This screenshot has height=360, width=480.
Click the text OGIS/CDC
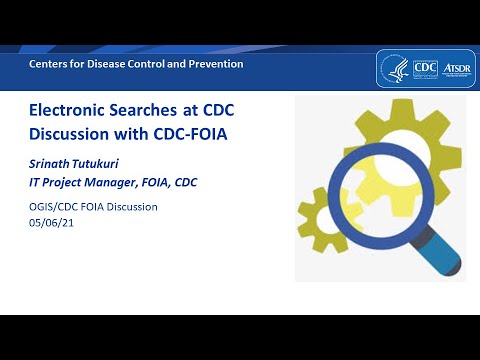54,207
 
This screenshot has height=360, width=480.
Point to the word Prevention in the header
217,64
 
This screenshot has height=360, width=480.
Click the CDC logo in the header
424,67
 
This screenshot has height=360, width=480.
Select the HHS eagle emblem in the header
394,67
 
